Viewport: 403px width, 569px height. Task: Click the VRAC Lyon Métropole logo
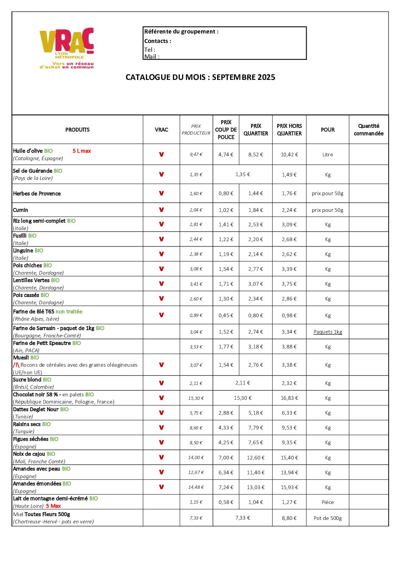point(67,48)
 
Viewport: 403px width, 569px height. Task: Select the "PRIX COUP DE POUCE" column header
point(226,130)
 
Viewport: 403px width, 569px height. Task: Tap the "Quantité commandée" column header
point(368,130)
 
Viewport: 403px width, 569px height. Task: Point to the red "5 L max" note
point(82,151)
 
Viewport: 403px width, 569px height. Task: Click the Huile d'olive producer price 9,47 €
point(196,155)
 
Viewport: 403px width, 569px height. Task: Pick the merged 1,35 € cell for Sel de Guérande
point(243,175)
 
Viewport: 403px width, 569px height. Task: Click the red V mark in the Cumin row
point(162,210)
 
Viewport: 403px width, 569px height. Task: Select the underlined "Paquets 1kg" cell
point(328,332)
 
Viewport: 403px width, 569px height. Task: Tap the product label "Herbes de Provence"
point(37,194)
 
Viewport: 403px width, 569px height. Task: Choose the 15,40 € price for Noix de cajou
point(289,458)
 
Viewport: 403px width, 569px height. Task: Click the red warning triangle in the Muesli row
point(16,365)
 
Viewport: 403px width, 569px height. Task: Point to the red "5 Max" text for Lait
point(53,506)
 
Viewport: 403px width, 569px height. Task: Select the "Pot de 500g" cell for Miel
point(328,518)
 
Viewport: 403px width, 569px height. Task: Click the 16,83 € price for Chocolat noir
point(289,398)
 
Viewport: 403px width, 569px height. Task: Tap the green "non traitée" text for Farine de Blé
point(69,312)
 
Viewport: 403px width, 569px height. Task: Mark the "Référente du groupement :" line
point(181,32)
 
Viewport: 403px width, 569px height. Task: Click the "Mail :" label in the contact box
point(152,57)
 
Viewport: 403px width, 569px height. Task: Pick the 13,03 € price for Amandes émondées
point(256,487)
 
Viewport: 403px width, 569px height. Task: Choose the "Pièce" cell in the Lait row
point(328,502)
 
